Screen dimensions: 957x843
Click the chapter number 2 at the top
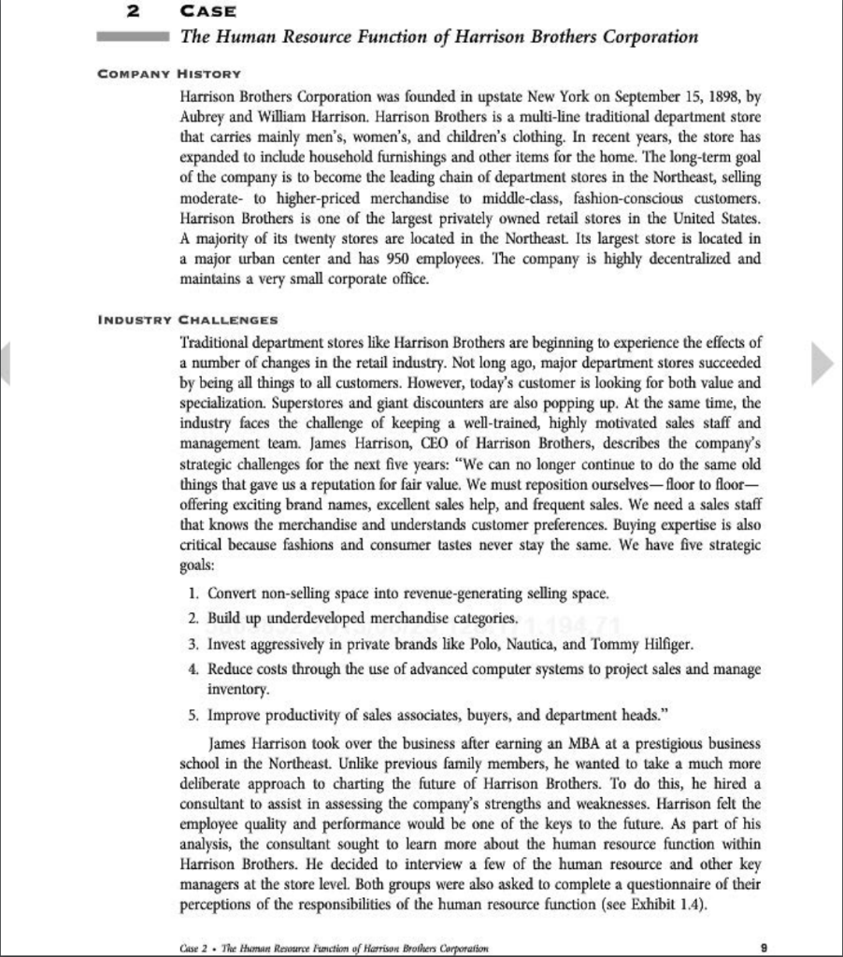(x=134, y=12)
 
